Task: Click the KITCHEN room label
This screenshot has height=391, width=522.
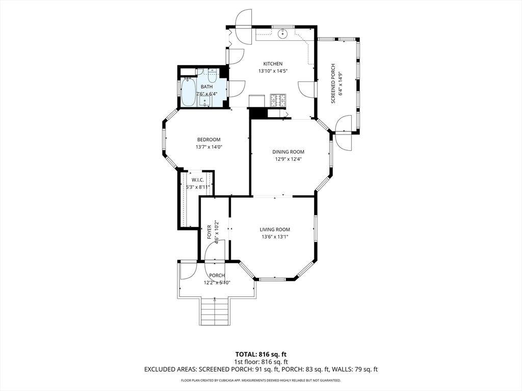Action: click(x=273, y=64)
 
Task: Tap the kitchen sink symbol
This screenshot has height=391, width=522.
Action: click(x=282, y=33)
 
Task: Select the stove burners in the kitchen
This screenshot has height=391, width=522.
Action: click(x=278, y=100)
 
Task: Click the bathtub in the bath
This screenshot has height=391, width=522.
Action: click(x=189, y=92)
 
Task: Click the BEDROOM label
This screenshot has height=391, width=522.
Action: click(x=208, y=139)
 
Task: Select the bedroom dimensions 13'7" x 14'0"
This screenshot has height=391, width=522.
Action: click(x=208, y=147)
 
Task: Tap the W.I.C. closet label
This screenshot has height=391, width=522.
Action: click(x=197, y=180)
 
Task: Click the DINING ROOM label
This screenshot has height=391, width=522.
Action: click(x=289, y=152)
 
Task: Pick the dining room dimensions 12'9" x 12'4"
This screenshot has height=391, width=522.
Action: click(x=289, y=159)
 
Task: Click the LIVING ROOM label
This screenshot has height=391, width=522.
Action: click(x=275, y=230)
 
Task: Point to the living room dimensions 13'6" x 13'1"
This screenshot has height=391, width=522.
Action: click(x=275, y=237)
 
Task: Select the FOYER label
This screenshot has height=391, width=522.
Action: click(x=210, y=232)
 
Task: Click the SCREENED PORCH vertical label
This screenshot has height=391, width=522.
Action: click(x=333, y=83)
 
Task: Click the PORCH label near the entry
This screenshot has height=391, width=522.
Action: click(x=217, y=275)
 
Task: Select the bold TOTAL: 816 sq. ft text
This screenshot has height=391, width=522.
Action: click(x=261, y=354)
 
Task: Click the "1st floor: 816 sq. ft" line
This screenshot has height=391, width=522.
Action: click(x=261, y=362)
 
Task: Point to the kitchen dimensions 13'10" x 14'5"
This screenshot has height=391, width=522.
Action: click(x=273, y=71)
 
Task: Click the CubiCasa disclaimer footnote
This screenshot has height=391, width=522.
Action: click(x=261, y=380)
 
